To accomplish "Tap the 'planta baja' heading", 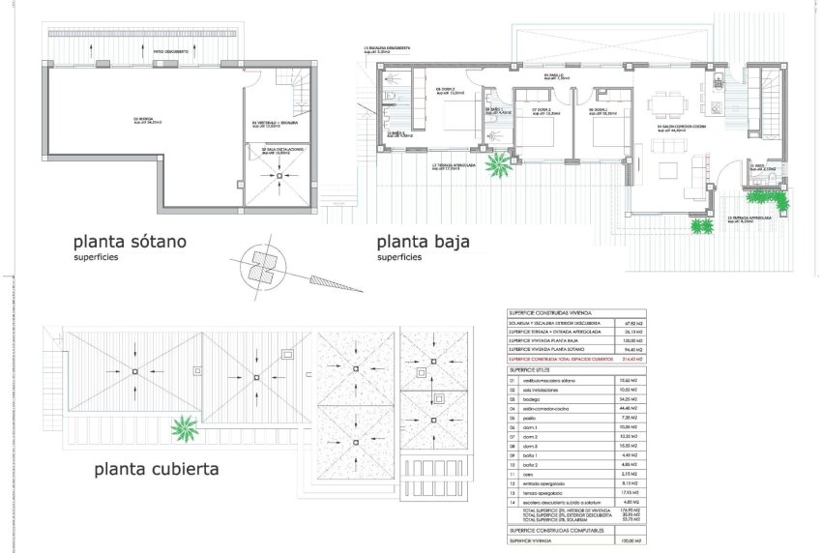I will [423, 242].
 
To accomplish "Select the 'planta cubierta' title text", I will [156, 471].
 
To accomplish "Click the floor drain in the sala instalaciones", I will [279, 175].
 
